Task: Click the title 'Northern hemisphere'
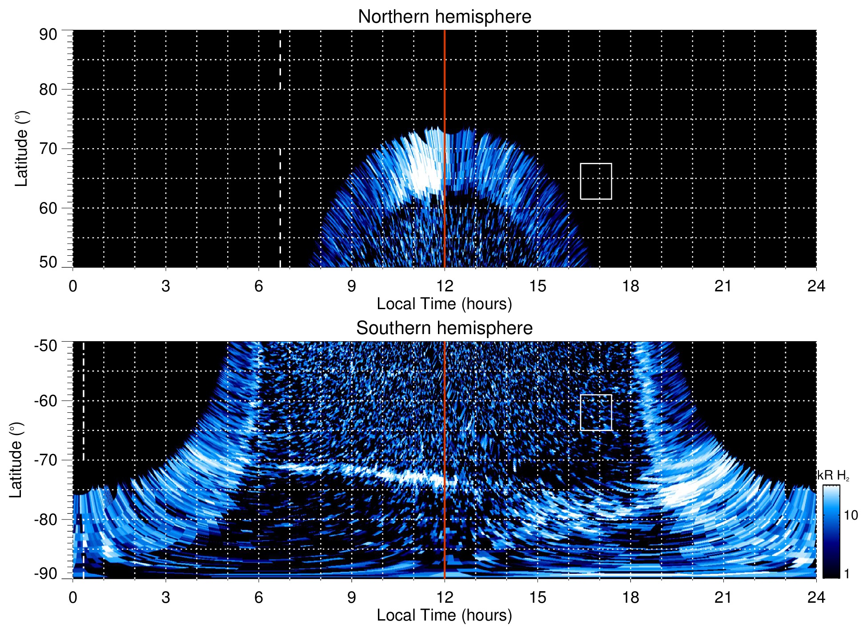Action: point(444,17)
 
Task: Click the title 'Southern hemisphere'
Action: point(444,328)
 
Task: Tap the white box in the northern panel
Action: point(596,181)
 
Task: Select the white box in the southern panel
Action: point(596,413)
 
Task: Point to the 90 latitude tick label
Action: point(48,35)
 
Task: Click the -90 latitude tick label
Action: point(46,574)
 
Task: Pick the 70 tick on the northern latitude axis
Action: point(48,149)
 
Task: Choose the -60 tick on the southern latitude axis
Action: point(46,401)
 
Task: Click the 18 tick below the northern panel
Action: point(630,286)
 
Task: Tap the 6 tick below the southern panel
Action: point(259,597)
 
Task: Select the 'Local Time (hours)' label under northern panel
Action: point(444,304)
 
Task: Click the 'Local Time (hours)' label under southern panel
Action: point(444,615)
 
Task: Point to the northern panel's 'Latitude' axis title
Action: point(21,149)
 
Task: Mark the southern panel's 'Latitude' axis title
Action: point(16,460)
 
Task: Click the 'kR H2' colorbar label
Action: point(833,476)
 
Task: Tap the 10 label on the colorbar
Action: point(851,515)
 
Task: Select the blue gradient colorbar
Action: point(831,532)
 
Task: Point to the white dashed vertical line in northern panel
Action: point(280,178)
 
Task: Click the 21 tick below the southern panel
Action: point(723,597)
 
